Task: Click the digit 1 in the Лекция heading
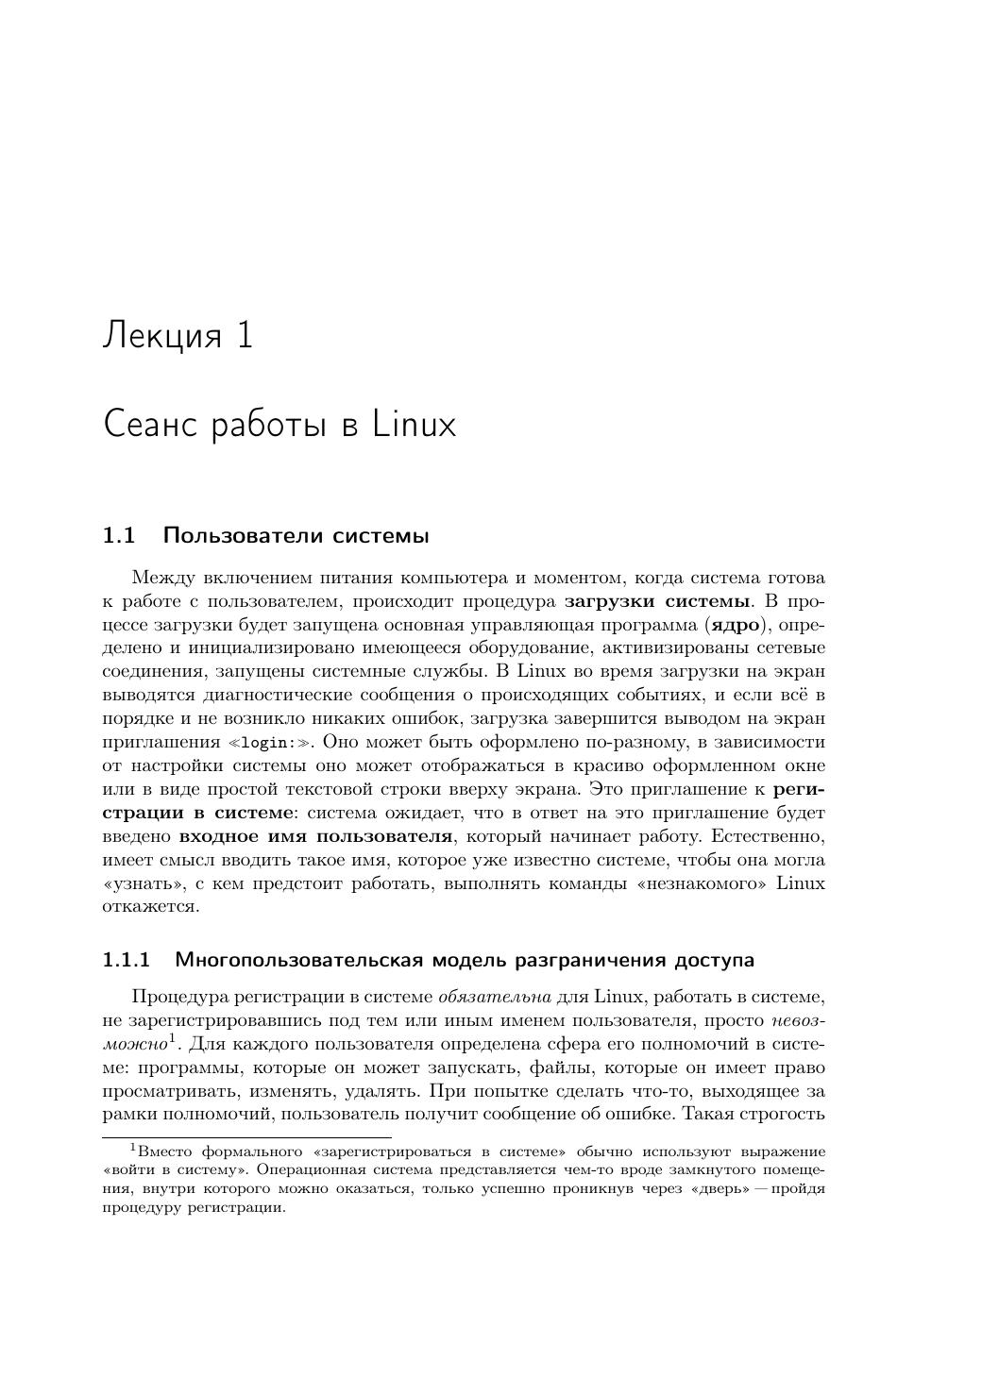point(245,335)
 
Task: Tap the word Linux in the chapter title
point(415,425)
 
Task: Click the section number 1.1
point(119,536)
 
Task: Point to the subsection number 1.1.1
point(127,960)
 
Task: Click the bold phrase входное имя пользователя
point(315,836)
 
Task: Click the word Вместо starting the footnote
point(167,1151)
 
